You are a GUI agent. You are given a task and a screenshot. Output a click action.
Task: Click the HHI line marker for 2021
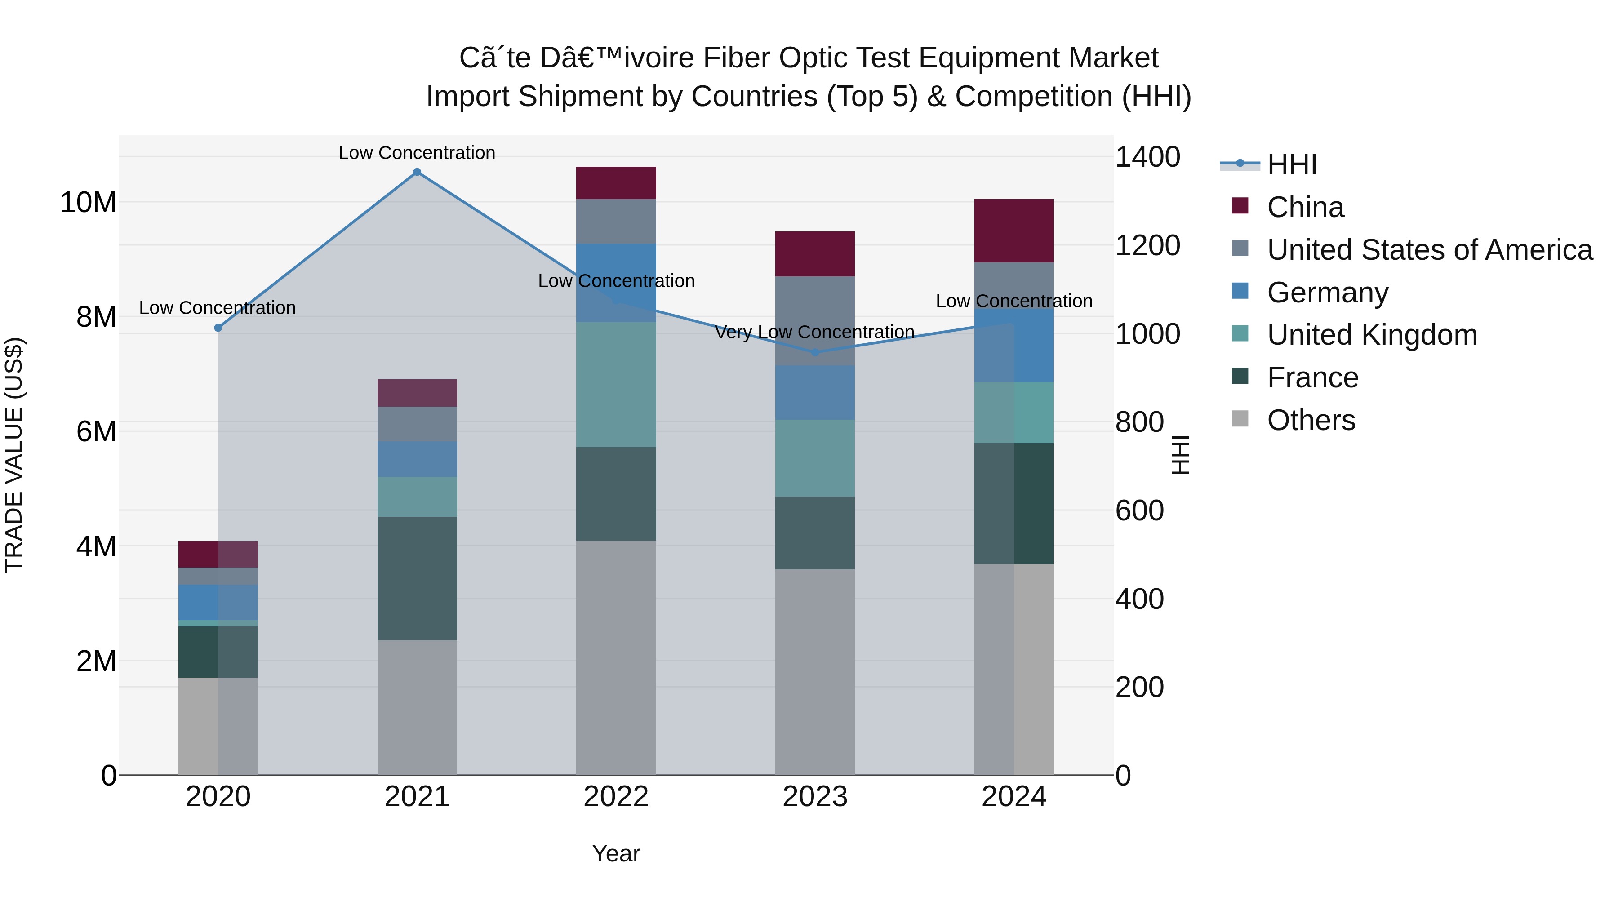click(417, 172)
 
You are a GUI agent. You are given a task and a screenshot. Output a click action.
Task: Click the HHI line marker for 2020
click(218, 328)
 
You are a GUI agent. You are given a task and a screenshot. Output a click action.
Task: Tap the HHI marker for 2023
click(815, 352)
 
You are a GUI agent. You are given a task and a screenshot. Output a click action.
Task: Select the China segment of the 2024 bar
click(1014, 231)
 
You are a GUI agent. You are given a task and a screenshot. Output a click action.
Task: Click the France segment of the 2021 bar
click(417, 578)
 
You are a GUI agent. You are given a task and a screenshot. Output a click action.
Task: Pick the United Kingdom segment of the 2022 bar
click(616, 384)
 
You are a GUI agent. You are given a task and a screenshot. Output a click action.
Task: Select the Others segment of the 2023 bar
click(815, 672)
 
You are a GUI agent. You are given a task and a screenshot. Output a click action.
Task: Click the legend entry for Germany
click(1327, 293)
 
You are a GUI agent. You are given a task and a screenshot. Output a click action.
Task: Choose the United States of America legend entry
click(1429, 250)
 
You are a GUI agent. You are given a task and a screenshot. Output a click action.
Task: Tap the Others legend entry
click(1311, 420)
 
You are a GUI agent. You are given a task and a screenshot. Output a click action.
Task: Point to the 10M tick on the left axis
click(88, 203)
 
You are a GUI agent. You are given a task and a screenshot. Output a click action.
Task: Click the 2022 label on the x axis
click(616, 797)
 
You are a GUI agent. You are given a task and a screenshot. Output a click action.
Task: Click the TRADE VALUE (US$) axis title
click(14, 455)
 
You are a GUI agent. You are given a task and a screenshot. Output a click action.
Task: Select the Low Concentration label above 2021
click(417, 153)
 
